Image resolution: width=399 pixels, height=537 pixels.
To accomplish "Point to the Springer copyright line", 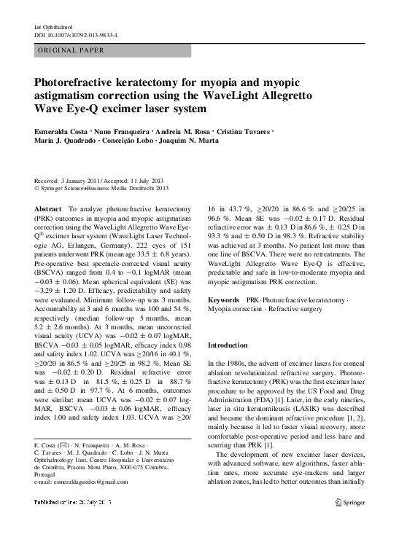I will pyautogui.click(x=101, y=187).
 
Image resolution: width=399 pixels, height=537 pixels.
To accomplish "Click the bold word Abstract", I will pyautogui.click(x=48, y=208).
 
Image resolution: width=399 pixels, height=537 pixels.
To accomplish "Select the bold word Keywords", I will pyautogui.click(x=223, y=299).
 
